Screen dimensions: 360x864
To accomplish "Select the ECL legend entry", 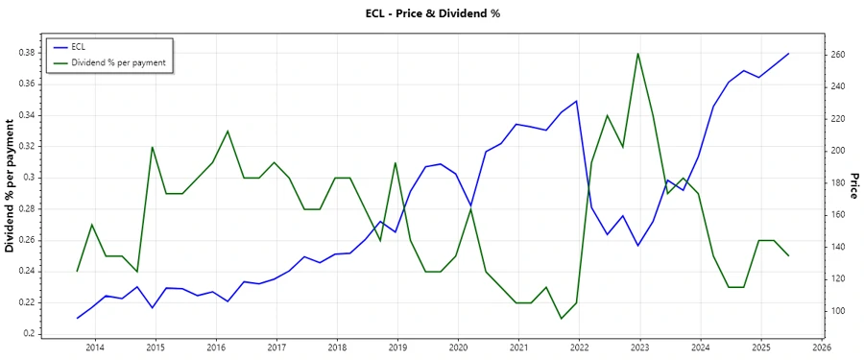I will click(x=79, y=47).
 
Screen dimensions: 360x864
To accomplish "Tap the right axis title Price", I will click(x=853, y=185).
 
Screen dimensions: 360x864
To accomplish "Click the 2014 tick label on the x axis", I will click(x=95, y=347).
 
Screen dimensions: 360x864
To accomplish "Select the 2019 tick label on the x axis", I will click(x=397, y=347).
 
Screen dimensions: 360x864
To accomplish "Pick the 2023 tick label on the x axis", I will click(x=639, y=347).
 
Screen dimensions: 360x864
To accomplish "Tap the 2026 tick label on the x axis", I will click(x=821, y=347).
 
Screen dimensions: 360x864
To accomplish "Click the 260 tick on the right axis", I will click(x=838, y=55).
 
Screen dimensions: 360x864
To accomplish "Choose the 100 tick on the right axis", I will click(x=838, y=311).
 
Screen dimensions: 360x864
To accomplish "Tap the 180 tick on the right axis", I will click(x=838, y=182).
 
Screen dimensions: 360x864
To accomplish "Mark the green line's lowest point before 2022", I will click(x=562, y=318).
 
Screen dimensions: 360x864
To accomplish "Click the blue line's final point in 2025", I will click(x=789, y=54).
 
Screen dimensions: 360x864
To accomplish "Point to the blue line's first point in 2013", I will click(x=78, y=318).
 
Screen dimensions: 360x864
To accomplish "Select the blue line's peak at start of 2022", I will click(x=577, y=101).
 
